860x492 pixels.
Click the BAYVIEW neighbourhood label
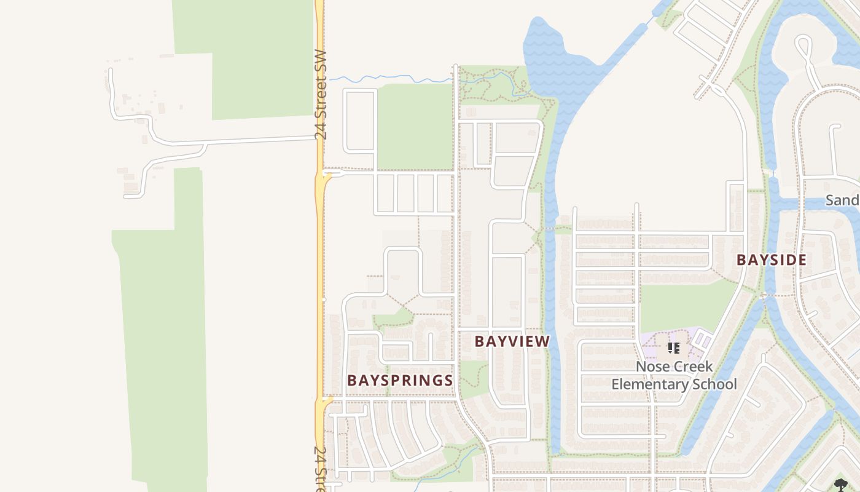(x=512, y=341)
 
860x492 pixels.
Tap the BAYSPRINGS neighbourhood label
(x=400, y=381)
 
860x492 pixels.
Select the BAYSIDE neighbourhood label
(x=772, y=260)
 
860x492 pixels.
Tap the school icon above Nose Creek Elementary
(x=674, y=348)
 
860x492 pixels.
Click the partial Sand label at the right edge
(x=842, y=200)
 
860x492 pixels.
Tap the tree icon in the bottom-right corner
(x=841, y=485)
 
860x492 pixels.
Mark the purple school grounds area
(x=694, y=344)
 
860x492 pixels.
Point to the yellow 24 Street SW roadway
(x=319, y=246)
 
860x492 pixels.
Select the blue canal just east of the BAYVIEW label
(x=555, y=344)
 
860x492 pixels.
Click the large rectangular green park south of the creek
(x=415, y=126)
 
